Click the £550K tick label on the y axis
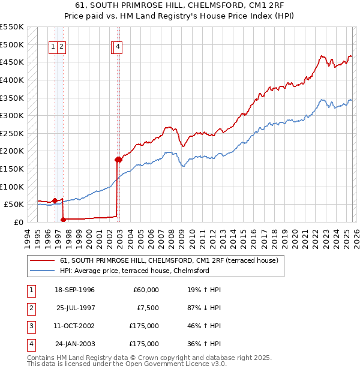pyautogui.click(x=12, y=27)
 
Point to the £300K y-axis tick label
pyautogui.click(x=12, y=115)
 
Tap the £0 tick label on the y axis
pyautogui.click(x=18, y=222)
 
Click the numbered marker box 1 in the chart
pyautogui.click(x=53, y=47)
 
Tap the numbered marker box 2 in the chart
pyautogui.click(x=62, y=47)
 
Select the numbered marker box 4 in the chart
pyautogui.click(x=118, y=47)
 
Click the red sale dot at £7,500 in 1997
pyautogui.click(x=63, y=219)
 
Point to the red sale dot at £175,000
pyautogui.click(x=118, y=160)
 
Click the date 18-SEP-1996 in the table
pyautogui.click(x=74, y=290)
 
